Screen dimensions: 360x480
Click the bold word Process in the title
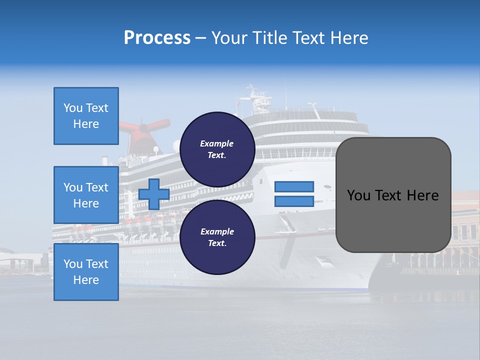[x=157, y=38]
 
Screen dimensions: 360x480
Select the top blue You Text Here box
[x=86, y=116]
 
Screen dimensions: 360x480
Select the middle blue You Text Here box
[x=86, y=195]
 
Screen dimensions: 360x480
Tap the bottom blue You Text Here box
[x=86, y=272]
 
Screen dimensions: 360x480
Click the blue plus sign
[x=154, y=194]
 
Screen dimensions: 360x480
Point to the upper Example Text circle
[x=217, y=149]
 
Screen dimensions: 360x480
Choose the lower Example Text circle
[x=217, y=237]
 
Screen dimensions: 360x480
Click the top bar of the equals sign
[x=294, y=186]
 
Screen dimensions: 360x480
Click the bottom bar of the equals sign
[x=294, y=201]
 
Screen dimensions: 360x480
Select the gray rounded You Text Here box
[x=393, y=195]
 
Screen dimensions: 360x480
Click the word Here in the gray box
[x=422, y=195]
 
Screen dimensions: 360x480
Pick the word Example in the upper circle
[x=217, y=143]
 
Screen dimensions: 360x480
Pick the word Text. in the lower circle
[x=217, y=243]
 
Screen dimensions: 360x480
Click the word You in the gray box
[x=358, y=195]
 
